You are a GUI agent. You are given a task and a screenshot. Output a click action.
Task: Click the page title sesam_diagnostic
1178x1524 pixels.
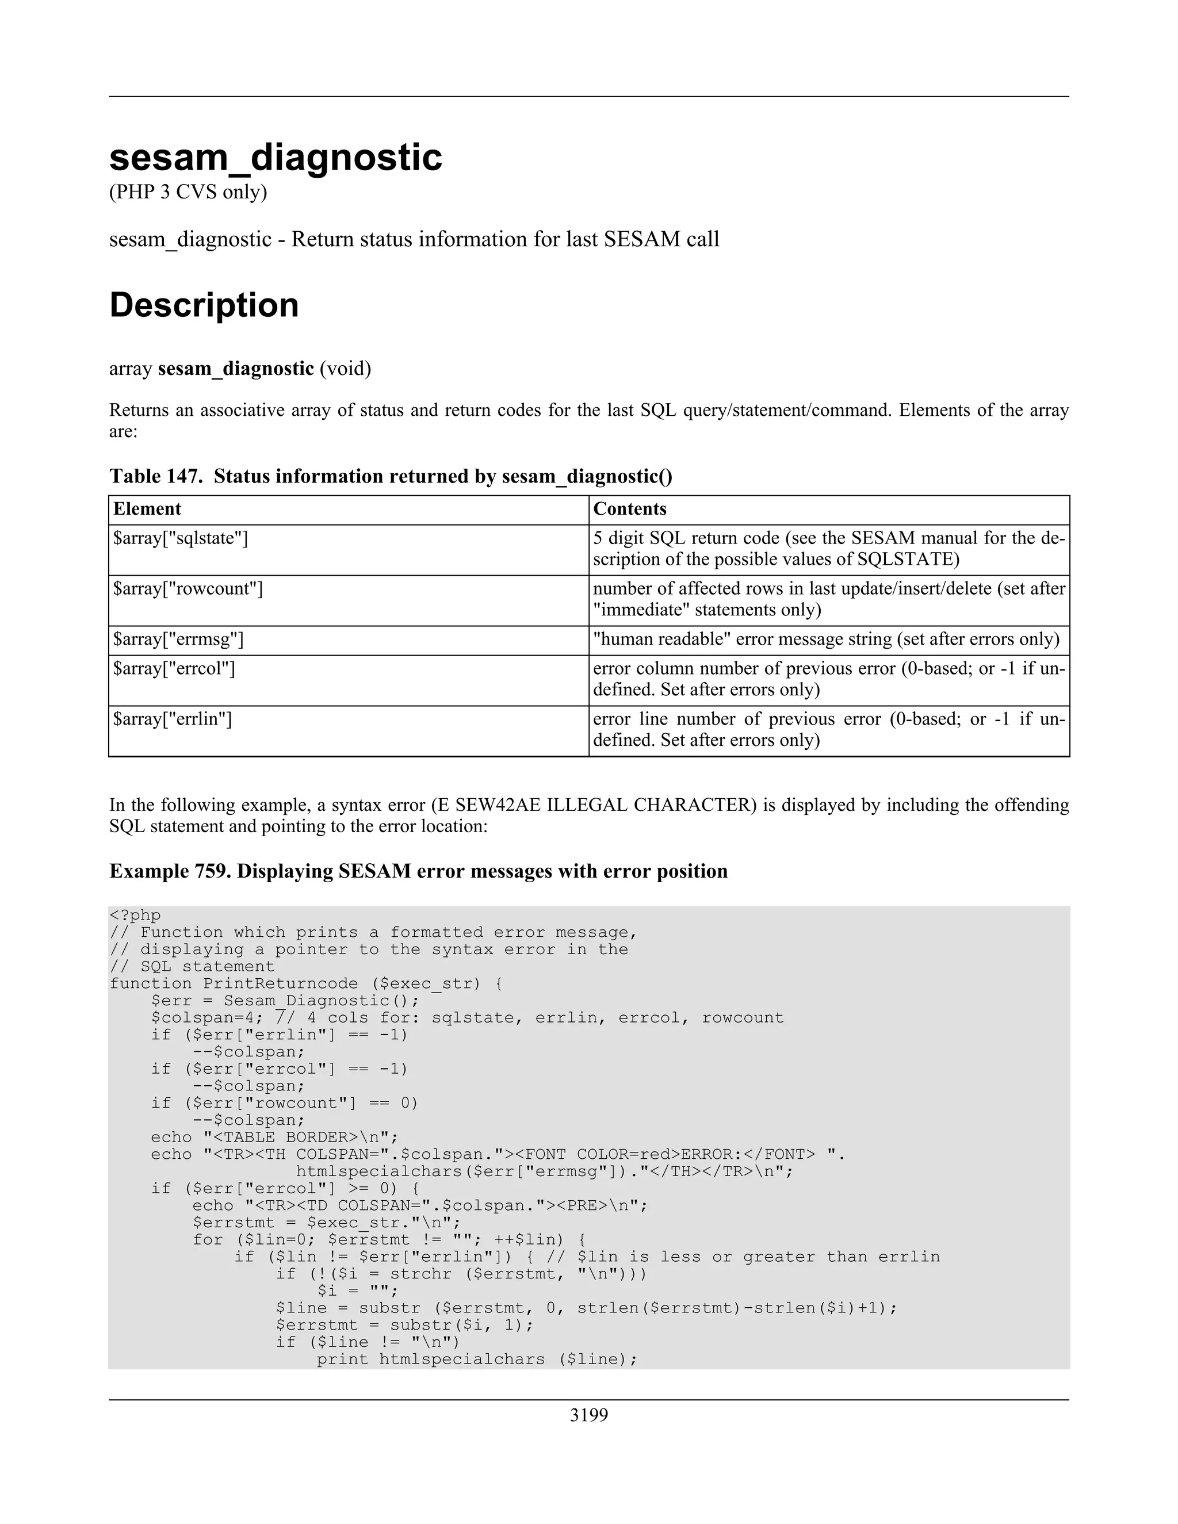pos(276,158)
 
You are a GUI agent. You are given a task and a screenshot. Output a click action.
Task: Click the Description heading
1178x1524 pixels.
pos(204,305)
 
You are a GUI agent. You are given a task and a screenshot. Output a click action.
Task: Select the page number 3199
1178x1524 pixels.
pos(588,1415)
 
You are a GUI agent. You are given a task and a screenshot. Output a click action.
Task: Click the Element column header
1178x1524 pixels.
pos(147,509)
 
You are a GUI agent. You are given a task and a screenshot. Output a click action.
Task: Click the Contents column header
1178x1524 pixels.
pos(629,509)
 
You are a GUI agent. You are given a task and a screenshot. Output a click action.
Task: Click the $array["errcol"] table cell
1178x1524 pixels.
pos(174,668)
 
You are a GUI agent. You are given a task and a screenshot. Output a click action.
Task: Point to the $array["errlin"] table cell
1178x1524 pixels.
pos(173,718)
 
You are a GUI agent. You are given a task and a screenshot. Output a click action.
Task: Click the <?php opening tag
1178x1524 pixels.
pos(135,915)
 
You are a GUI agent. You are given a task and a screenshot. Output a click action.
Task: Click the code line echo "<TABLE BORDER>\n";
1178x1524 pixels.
pos(274,1137)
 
